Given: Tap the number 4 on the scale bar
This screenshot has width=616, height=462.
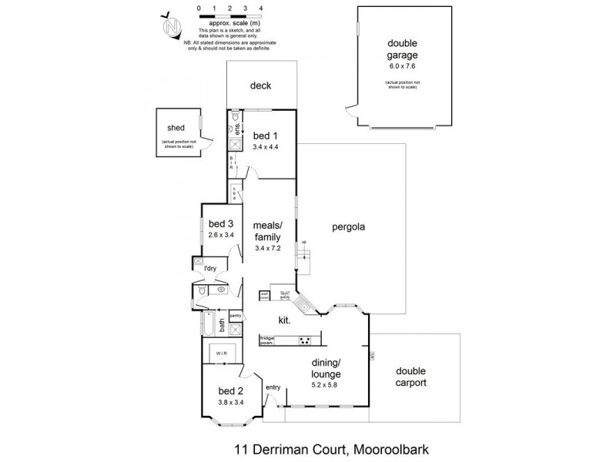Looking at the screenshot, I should (262, 8).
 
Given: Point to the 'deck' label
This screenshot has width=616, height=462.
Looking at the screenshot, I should (261, 86).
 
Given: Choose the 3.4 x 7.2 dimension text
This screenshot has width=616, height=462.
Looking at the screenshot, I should (269, 249).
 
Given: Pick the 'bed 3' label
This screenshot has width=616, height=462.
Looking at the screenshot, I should (220, 224).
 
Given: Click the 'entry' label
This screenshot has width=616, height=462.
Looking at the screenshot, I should (273, 387).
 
